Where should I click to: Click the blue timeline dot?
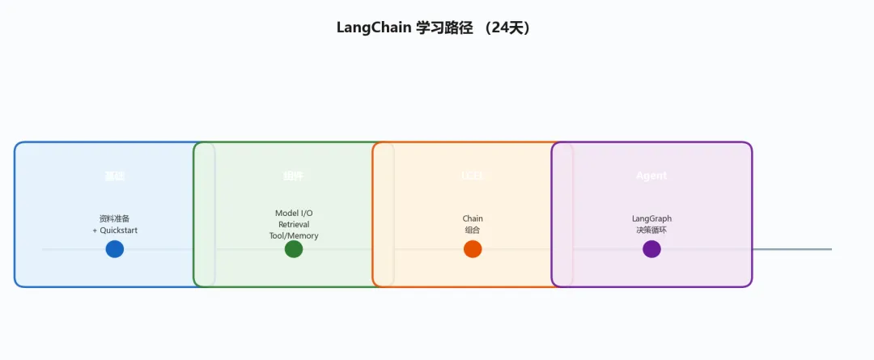[x=115, y=249]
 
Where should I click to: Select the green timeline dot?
[x=294, y=249]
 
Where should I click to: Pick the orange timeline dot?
[x=473, y=249]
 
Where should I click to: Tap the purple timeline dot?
[x=651, y=249]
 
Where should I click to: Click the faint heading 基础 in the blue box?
[x=115, y=176]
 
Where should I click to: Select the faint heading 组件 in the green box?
[x=294, y=176]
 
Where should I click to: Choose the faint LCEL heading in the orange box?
[x=473, y=176]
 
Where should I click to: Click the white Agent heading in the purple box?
[x=651, y=176]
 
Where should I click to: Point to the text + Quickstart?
[x=115, y=231]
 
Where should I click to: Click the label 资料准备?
[x=115, y=218]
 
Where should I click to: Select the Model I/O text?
[x=294, y=214]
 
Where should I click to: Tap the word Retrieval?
[x=294, y=224]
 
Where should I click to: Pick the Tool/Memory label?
[x=294, y=235]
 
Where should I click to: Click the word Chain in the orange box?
[x=473, y=218]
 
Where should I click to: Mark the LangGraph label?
[x=651, y=218]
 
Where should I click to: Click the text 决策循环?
[x=651, y=231]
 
